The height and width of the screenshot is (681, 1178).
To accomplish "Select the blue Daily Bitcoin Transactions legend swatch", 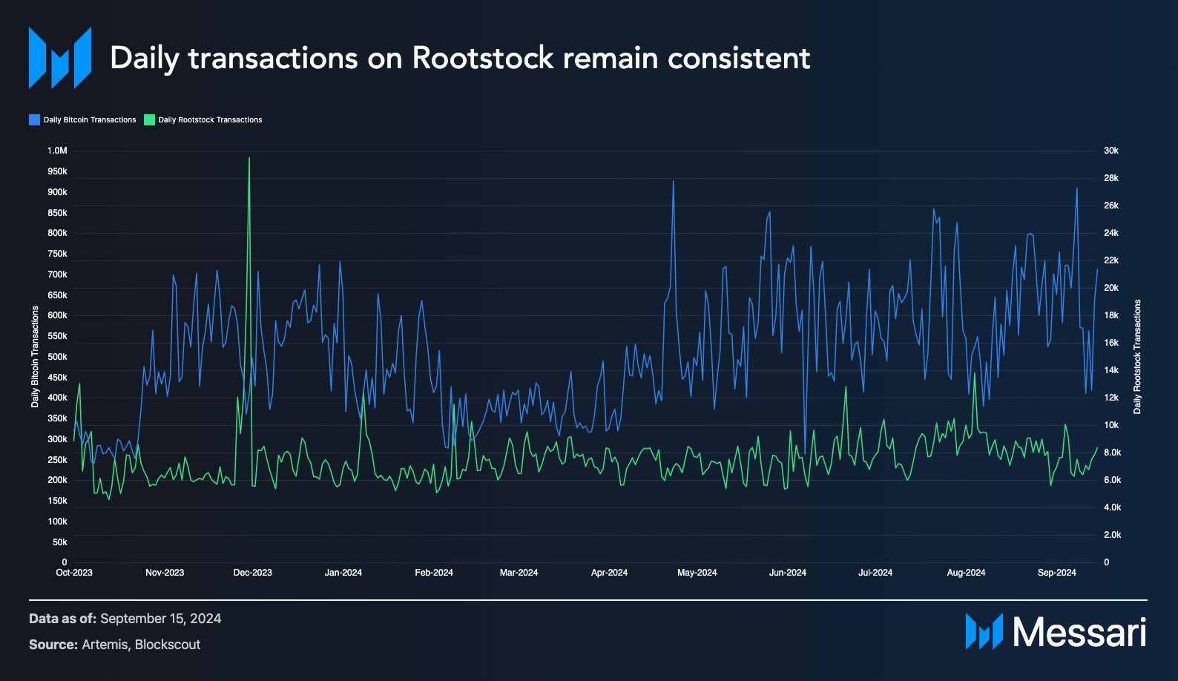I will pos(34,119).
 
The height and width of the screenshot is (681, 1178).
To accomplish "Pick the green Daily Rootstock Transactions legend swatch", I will pos(149,119).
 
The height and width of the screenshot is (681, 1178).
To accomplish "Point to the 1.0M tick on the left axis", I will pos(57,151).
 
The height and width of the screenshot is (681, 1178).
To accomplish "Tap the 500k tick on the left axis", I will pos(57,357).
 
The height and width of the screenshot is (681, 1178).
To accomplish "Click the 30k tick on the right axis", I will pos(1111,151).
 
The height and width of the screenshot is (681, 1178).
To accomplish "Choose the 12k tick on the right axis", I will pos(1111,398).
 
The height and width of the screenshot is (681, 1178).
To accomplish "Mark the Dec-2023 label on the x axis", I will pos(252,573).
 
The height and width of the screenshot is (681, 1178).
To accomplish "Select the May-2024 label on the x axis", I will pos(697,573).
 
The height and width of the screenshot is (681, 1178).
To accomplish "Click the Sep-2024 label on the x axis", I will pos(1056,573).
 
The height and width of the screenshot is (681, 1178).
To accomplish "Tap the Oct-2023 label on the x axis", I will pos(74,573).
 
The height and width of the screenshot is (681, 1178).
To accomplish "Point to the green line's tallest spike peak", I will pos(249,158).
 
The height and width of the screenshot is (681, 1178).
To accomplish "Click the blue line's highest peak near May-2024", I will pos(674,182).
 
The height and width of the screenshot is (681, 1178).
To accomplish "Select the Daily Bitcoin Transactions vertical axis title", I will pos(35,357).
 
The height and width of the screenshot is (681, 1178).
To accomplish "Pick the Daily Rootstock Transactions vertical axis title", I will pos(1137,357).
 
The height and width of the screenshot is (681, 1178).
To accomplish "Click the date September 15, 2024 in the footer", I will pos(160,619).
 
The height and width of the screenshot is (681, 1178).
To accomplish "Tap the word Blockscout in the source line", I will pos(168,645).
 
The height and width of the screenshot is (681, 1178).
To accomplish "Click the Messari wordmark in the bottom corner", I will pos(1079,633).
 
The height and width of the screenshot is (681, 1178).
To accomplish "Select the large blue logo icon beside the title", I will pos(60,58).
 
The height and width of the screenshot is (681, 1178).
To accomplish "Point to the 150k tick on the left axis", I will pos(57,501).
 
